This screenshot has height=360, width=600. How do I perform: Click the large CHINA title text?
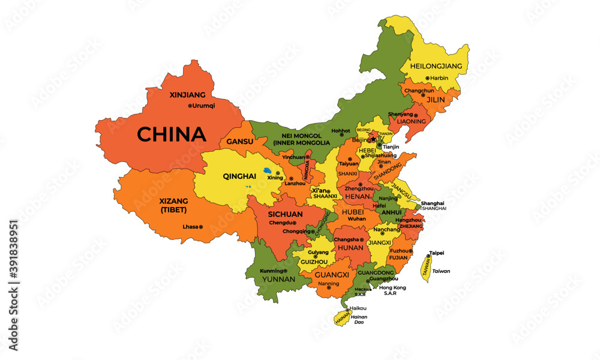[x=171, y=134]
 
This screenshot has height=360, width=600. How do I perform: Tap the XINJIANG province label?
[x=188, y=95]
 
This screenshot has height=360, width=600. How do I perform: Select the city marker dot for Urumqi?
[x=190, y=106]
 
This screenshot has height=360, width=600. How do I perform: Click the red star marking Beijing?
[x=373, y=139]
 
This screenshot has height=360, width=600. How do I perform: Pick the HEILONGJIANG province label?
[x=436, y=65]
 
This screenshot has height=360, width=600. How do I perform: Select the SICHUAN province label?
[x=285, y=214]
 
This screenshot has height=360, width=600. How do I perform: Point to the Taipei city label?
[x=437, y=253]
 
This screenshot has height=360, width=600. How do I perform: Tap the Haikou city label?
[x=358, y=308]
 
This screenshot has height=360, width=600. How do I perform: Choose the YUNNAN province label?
[x=278, y=279]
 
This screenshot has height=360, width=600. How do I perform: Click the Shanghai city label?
[x=433, y=203]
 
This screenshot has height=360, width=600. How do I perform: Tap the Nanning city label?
[x=328, y=284]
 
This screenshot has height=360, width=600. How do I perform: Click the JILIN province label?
[x=436, y=100]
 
